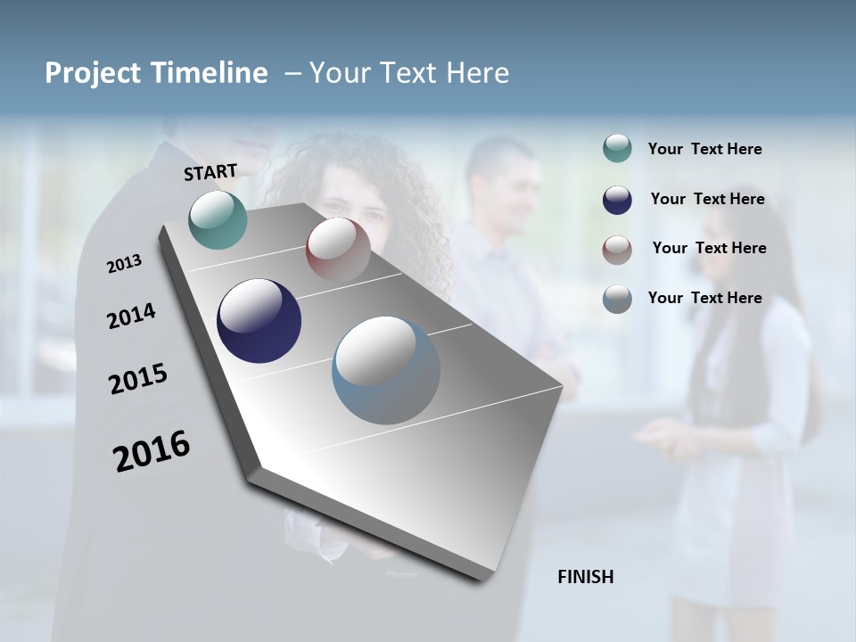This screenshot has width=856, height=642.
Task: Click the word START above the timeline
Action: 210,172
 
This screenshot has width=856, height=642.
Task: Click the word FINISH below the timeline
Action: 585,577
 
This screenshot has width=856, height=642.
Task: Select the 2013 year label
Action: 124,264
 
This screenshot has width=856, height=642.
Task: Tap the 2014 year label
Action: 131,316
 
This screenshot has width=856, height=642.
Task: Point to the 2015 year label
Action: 138,379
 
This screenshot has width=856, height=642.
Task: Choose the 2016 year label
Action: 152,450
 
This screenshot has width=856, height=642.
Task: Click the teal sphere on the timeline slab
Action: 218,219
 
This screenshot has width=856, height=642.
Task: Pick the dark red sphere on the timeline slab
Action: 338,249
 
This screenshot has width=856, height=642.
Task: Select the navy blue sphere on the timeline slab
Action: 259,321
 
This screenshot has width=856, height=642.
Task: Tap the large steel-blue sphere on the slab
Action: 386,370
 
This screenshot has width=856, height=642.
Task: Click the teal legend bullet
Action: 617,149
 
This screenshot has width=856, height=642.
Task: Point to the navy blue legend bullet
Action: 617,199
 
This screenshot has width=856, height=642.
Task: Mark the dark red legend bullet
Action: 617,249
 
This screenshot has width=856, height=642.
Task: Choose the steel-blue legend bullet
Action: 617,299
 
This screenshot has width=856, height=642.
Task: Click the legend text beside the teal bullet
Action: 704,149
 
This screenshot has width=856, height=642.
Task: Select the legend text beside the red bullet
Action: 709,248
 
